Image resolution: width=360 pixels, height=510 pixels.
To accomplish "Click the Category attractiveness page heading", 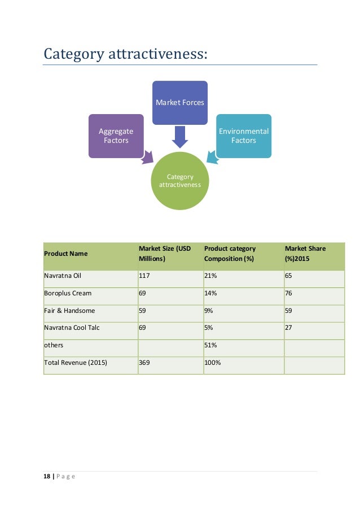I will (125, 54).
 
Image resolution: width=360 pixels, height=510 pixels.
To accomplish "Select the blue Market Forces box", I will (179, 103).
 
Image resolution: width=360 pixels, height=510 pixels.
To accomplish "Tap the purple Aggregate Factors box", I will (116, 136).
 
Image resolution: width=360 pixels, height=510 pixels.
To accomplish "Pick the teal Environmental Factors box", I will (244, 136).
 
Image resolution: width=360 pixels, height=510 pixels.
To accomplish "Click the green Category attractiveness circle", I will (179, 181).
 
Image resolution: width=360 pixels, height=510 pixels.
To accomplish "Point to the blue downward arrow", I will (179, 136).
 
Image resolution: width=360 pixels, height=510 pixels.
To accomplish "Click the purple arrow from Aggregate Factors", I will (149, 156).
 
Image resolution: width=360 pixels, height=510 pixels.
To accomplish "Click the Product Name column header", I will (66, 254).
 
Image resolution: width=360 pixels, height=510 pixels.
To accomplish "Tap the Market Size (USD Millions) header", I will (164, 254).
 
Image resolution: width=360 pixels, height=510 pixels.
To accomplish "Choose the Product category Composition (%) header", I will (230, 254).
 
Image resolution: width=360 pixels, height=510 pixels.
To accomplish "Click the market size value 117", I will (145, 276).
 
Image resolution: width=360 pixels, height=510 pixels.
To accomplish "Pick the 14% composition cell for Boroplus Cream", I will (210, 293).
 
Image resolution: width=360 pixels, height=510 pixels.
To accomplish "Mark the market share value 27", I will (289, 328).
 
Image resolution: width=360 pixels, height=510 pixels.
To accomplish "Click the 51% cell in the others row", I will (210, 345).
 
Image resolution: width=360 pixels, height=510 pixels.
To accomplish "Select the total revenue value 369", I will (145, 362).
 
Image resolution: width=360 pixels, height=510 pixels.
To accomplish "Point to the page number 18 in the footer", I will (46, 477).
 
